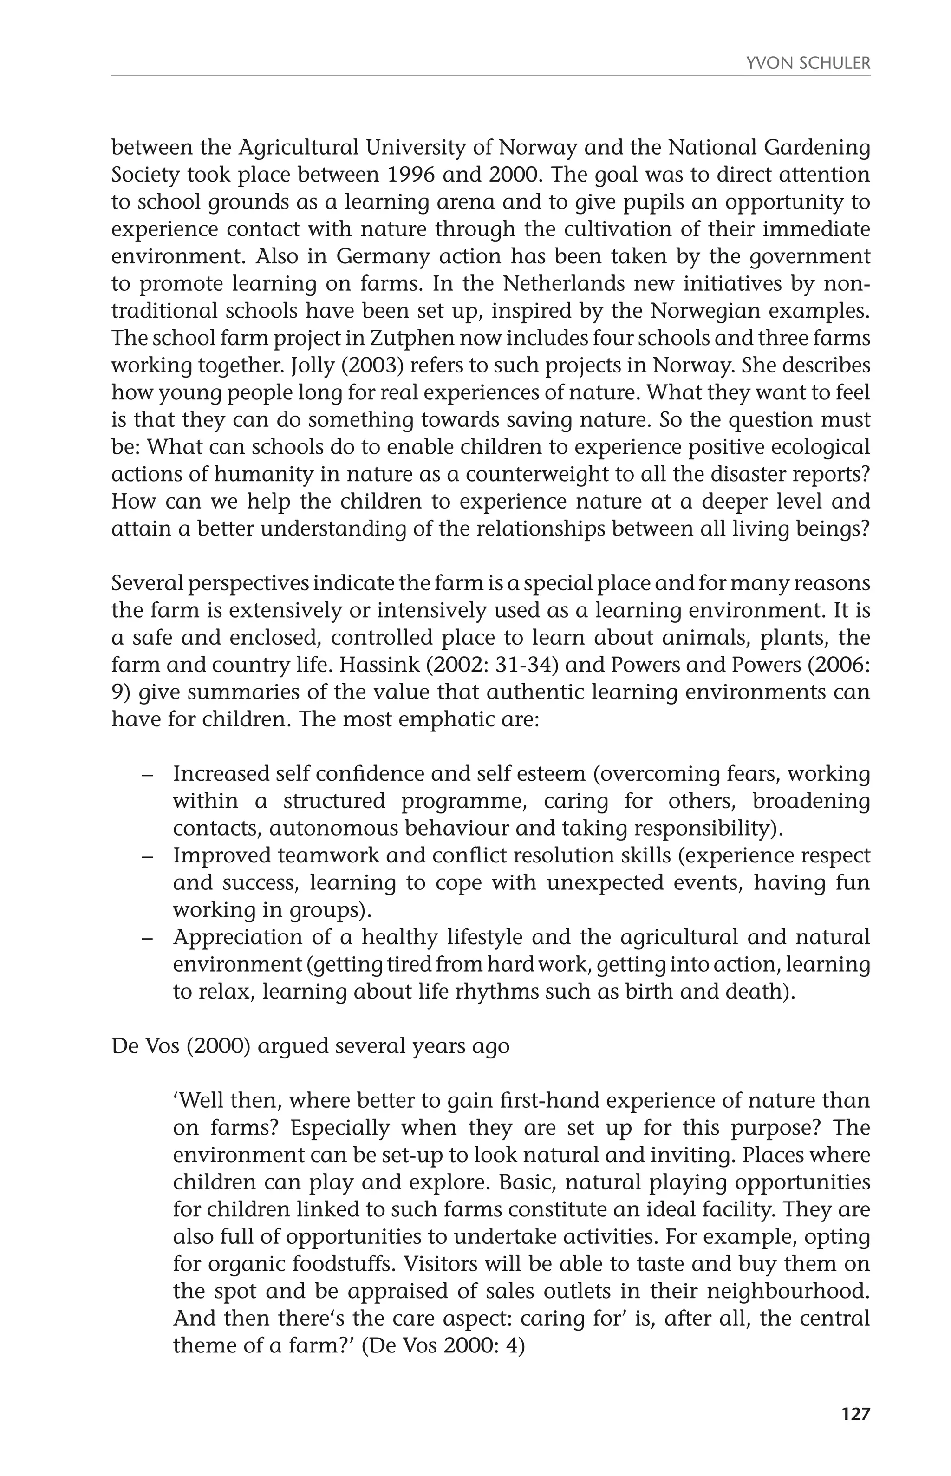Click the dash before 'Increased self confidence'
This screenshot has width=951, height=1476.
point(147,774)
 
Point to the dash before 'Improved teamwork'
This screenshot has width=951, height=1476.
point(147,856)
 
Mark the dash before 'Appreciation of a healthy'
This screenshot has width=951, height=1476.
point(147,937)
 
